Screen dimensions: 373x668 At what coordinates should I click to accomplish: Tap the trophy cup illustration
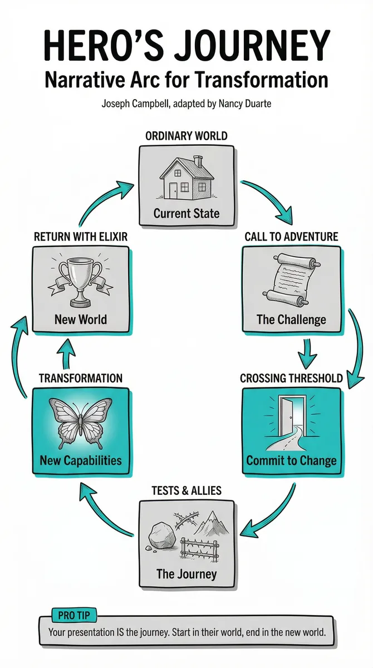(80, 282)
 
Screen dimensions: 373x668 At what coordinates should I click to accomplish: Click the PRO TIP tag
(74, 615)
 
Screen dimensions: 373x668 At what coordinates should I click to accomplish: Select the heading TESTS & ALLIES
(186, 490)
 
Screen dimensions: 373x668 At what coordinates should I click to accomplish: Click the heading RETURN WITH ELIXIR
(81, 237)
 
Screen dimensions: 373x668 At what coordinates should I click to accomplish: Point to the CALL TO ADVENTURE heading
(291, 237)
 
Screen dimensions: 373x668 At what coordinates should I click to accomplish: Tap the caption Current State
(186, 214)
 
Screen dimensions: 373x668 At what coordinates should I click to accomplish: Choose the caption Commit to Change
(291, 460)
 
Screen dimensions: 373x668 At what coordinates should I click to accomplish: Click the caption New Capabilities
(81, 460)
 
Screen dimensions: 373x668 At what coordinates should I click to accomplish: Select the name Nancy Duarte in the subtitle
(245, 104)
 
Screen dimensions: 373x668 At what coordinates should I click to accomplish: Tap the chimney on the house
(198, 161)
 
